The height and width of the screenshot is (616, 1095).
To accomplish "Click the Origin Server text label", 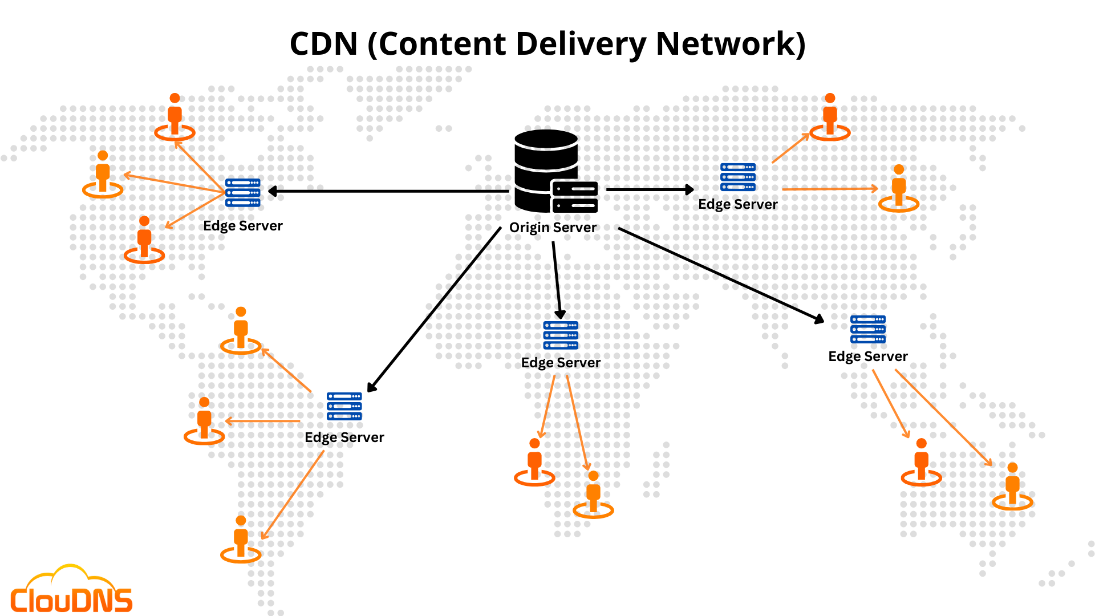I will click(x=553, y=228).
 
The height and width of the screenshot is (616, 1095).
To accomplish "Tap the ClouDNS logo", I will click(x=71, y=593).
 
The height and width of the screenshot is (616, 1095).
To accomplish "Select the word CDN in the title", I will click(x=323, y=44).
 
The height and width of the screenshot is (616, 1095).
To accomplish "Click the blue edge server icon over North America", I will click(x=242, y=192).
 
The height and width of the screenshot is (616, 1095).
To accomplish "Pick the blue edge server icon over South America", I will click(x=344, y=406).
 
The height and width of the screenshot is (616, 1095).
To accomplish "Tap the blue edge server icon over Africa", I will click(x=561, y=335).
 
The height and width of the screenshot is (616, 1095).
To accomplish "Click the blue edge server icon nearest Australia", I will click(x=867, y=329).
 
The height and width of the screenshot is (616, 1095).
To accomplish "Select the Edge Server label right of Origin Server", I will click(x=737, y=204).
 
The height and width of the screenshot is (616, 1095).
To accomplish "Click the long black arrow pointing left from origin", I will click(x=388, y=191).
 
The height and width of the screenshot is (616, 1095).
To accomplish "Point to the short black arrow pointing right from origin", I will click(x=650, y=189).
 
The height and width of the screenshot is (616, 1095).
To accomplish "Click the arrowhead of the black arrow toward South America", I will click(x=371, y=388).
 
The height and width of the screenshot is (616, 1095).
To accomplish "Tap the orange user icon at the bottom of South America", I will click(x=241, y=539).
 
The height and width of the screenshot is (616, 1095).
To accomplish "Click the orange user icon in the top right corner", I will click(x=830, y=116).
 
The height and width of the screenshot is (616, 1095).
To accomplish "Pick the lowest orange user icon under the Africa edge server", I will click(x=593, y=494).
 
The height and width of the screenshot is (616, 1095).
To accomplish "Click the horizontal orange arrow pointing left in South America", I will click(x=262, y=422).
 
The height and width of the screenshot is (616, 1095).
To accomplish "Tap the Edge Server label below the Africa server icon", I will click(x=561, y=363).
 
